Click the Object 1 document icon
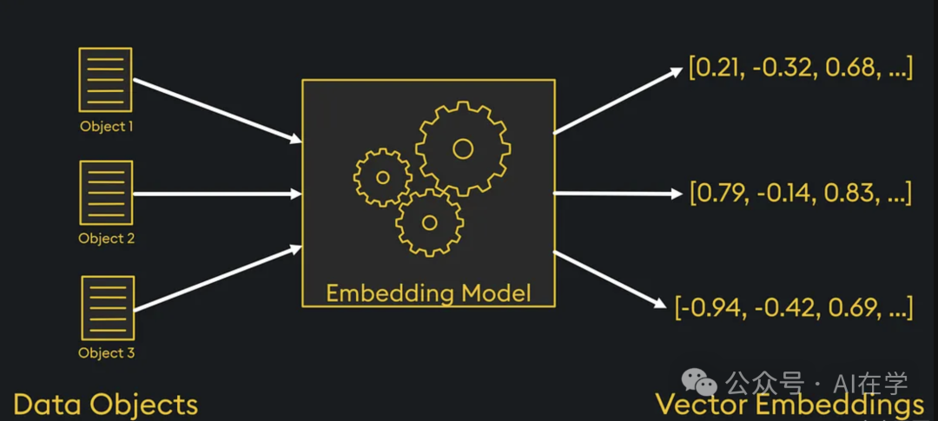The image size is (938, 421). tap(105, 80)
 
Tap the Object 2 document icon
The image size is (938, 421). tap(105, 192)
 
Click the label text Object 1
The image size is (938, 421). tap(107, 127)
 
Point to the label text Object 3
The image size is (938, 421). tap(107, 353)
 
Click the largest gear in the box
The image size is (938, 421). tap(462, 148)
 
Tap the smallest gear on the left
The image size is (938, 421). tap(382, 177)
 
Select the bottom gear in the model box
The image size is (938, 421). tap(429, 221)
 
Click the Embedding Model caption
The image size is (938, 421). tap(428, 293)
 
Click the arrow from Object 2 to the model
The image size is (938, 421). tap(217, 193)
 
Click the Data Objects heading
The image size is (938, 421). tap(105, 405)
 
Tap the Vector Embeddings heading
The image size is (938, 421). tap(789, 405)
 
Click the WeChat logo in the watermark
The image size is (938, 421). tap(699, 382)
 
